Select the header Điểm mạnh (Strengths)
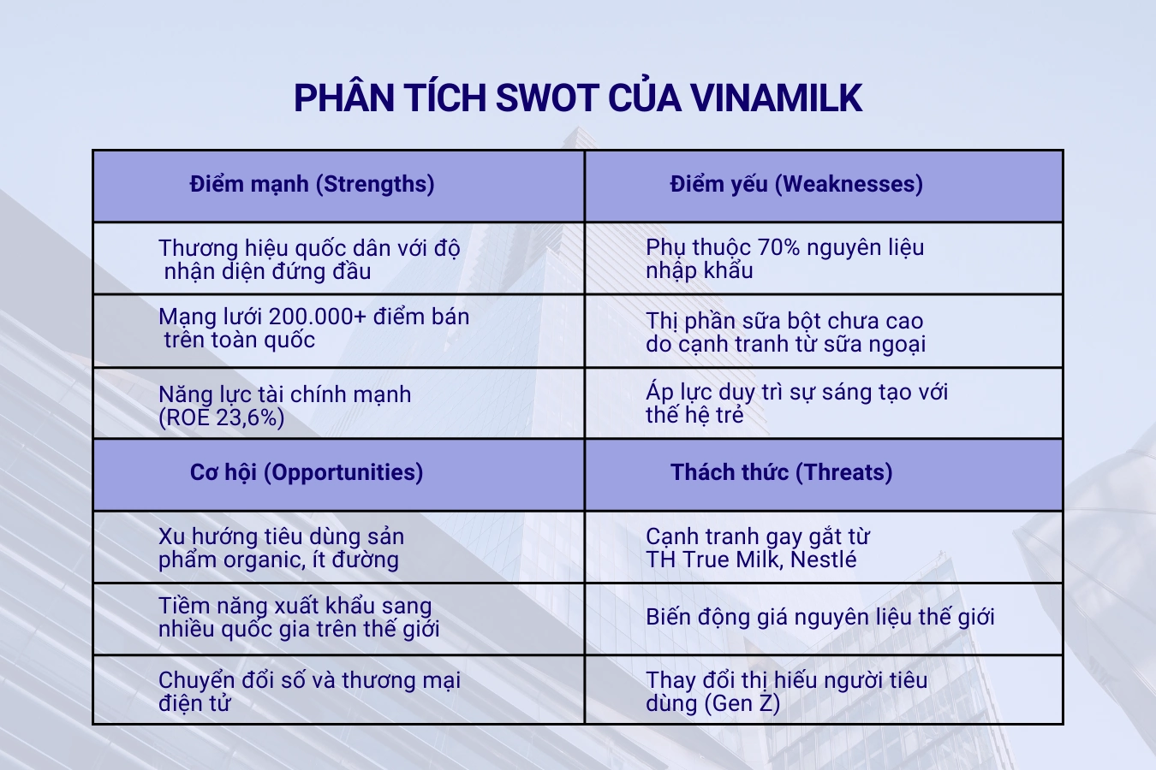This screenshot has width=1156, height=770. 312,184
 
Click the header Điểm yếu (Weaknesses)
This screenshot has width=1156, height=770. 796,184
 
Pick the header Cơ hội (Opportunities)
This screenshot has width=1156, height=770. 307,472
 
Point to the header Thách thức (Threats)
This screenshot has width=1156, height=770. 781,472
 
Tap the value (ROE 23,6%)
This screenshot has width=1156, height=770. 222,418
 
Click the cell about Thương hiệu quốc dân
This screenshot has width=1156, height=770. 309,259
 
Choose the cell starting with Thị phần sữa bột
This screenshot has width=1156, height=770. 785,332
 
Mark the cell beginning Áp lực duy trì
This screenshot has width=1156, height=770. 796,403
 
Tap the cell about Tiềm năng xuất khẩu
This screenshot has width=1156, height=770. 299,617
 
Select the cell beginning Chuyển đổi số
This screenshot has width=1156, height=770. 309,691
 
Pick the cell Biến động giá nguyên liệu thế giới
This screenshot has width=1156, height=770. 819,617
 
